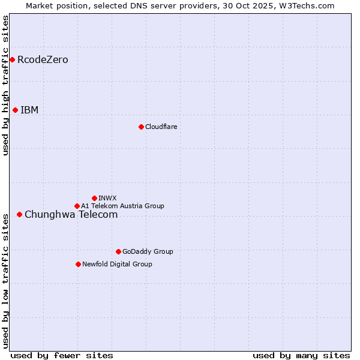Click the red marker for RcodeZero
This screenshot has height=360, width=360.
tap(12, 59)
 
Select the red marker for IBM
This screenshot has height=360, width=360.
tap(15, 110)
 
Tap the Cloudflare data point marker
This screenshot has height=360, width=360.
tap(141, 127)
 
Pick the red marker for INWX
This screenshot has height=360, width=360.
tap(94, 198)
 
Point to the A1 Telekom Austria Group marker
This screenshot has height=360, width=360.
tap(77, 206)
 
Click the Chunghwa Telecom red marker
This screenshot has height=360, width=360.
tap(19, 214)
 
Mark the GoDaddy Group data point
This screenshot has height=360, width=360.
tap(118, 251)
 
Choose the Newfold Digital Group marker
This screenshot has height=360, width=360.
tap(78, 264)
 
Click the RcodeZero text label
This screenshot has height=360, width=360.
tap(43, 59)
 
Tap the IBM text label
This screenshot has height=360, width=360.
tap(29, 110)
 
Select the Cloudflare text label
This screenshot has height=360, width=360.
tap(161, 127)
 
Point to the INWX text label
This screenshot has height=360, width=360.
tap(107, 198)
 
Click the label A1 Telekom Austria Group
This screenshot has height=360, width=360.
tap(122, 206)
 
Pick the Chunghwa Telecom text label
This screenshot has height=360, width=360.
tap(71, 214)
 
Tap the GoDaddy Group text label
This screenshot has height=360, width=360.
tap(148, 251)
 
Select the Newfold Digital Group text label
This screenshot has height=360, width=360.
tap(117, 264)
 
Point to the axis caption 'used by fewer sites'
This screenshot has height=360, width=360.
tap(62, 355)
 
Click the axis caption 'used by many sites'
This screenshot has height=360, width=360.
tap(301, 355)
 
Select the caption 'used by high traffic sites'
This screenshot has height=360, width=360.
tap(6, 85)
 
